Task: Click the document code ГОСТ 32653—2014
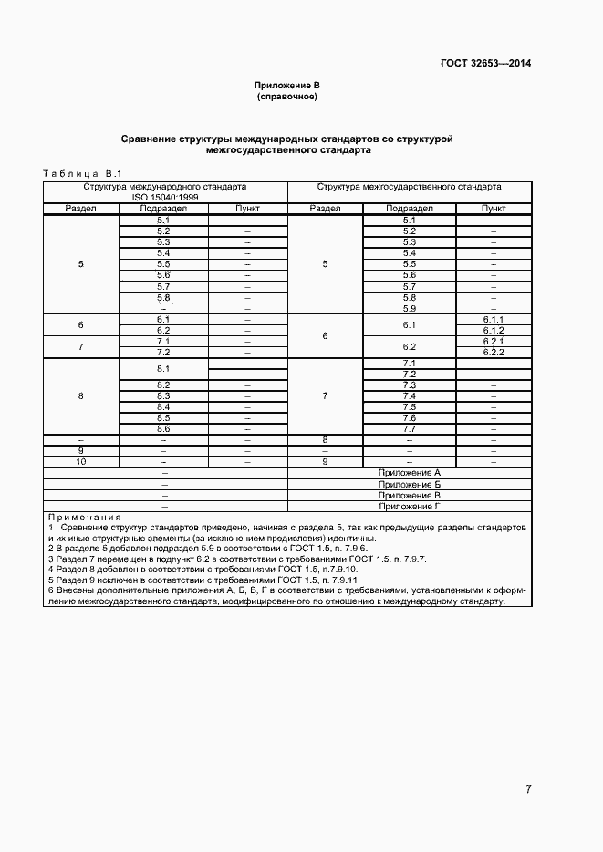pyautogui.click(x=486, y=64)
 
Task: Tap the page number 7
pyautogui.click(x=528, y=789)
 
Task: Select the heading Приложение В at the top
pyautogui.click(x=286, y=85)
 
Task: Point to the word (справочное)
pyautogui.click(x=286, y=96)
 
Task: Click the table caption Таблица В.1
pyautogui.click(x=82, y=173)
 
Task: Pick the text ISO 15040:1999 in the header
pyautogui.click(x=164, y=198)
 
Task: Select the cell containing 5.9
pyautogui.click(x=409, y=308)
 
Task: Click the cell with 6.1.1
pyautogui.click(x=494, y=320)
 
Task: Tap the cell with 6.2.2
pyautogui.click(x=494, y=353)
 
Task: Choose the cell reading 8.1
pyautogui.click(x=164, y=369)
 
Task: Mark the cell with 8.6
pyautogui.click(x=164, y=429)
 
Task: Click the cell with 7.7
pyautogui.click(x=409, y=429)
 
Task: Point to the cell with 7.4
pyautogui.click(x=409, y=396)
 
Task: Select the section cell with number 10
pyautogui.click(x=81, y=462)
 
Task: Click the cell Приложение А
pyautogui.click(x=409, y=474)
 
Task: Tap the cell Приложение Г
pyautogui.click(x=409, y=507)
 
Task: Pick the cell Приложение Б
pyautogui.click(x=409, y=485)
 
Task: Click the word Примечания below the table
pyautogui.click(x=84, y=518)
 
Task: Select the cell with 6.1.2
pyautogui.click(x=494, y=331)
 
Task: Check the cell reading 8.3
pyautogui.click(x=164, y=396)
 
